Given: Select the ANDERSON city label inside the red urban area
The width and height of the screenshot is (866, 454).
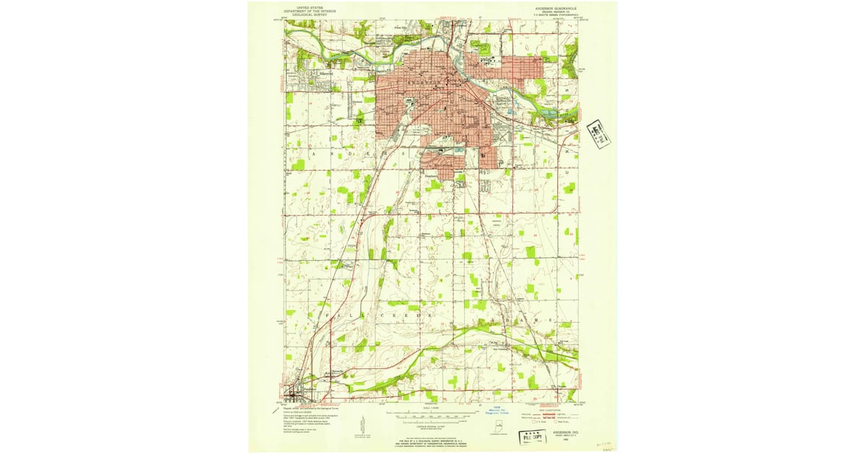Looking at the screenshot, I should (x=419, y=82).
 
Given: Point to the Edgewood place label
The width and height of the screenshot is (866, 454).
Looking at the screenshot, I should (x=320, y=71).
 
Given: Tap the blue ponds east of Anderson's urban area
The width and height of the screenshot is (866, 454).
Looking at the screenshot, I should (x=552, y=113).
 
